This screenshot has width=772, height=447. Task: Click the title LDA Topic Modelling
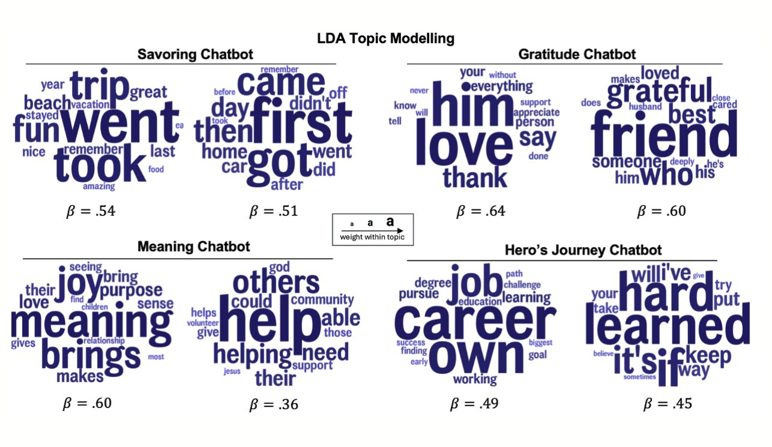tap(386, 39)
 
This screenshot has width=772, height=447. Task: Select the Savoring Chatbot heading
tap(195, 55)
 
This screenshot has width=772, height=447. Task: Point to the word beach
tap(47, 104)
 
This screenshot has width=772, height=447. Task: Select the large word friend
tap(664, 135)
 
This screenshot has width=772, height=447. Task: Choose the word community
tap(322, 299)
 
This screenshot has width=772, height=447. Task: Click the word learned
tap(668, 326)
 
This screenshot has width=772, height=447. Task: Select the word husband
tap(645, 107)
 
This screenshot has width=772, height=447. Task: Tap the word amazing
tap(98, 187)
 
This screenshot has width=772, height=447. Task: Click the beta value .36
tap(273, 404)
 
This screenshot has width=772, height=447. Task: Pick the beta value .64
tap(480, 211)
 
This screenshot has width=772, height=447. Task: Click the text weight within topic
tap(372, 237)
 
